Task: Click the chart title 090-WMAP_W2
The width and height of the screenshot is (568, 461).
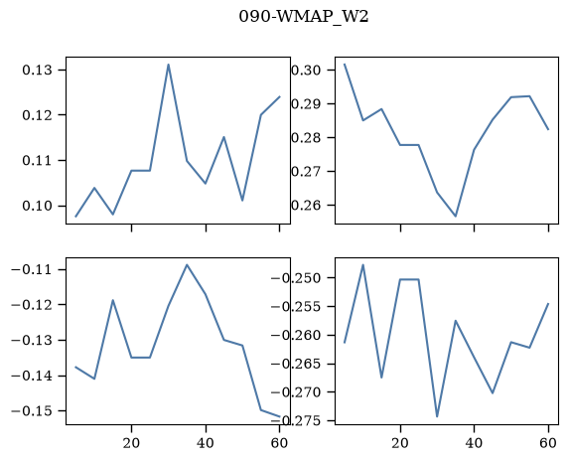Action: (304, 17)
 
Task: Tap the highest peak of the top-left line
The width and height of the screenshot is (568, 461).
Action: (169, 65)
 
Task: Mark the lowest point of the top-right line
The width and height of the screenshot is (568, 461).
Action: (456, 217)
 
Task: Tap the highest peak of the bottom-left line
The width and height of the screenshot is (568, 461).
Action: (187, 264)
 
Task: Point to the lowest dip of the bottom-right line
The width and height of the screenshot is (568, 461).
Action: (437, 416)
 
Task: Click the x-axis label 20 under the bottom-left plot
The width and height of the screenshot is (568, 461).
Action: (131, 443)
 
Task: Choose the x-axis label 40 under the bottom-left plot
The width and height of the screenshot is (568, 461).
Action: (206, 443)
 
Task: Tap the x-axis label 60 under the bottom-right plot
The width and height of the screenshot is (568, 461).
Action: (548, 443)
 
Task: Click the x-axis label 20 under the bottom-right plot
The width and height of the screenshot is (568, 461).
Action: (400, 443)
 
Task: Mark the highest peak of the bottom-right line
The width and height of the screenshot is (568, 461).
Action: (363, 265)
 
